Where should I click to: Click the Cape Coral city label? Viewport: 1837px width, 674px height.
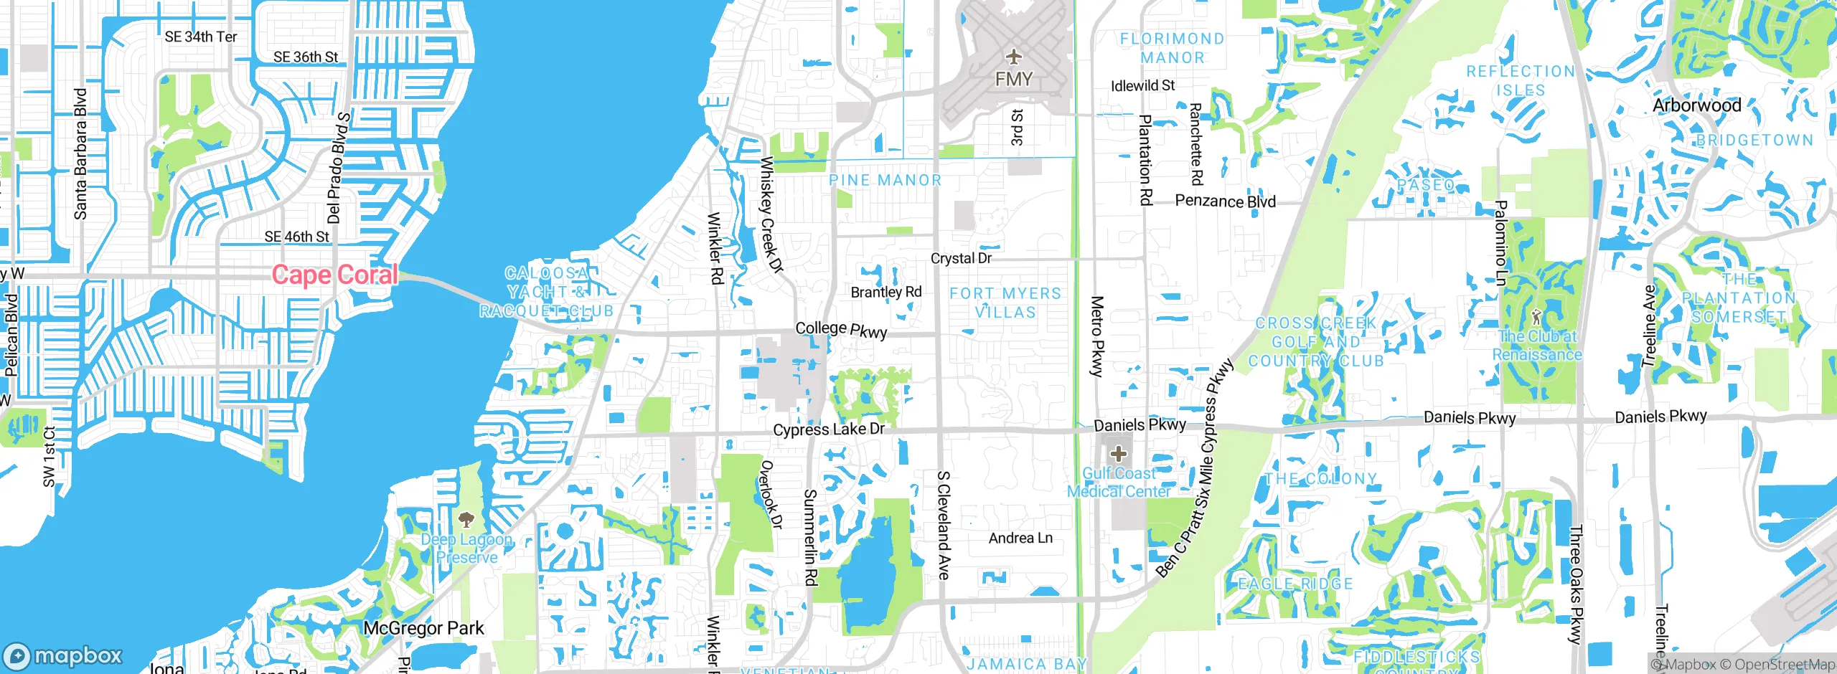pos(334,275)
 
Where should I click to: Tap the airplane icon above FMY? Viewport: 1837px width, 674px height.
pos(1013,56)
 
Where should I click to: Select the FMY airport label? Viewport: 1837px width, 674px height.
pos(1013,79)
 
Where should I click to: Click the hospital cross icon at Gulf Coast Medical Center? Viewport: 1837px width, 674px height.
pos(1118,454)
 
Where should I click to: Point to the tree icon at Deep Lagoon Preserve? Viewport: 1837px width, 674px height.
pos(466,519)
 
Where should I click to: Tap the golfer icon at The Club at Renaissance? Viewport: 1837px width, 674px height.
pos(1536,316)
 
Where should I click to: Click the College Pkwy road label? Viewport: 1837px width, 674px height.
pos(841,330)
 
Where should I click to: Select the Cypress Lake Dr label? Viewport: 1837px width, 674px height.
pos(828,429)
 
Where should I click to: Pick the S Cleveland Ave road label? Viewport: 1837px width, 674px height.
pos(944,525)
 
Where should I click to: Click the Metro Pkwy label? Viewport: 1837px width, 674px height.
pos(1096,336)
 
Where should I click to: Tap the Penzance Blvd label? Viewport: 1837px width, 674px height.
pos(1225,201)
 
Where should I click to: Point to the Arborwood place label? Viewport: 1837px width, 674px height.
pos(1696,105)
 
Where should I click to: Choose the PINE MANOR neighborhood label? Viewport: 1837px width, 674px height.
pos(885,181)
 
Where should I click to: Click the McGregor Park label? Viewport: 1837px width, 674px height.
pos(423,629)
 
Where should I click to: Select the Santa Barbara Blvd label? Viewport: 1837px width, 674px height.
pos(80,154)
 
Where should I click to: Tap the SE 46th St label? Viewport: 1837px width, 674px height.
pos(296,237)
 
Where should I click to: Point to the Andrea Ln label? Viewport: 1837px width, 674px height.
pos(1020,538)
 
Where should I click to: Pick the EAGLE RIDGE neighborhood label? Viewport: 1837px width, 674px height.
pos(1295,584)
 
